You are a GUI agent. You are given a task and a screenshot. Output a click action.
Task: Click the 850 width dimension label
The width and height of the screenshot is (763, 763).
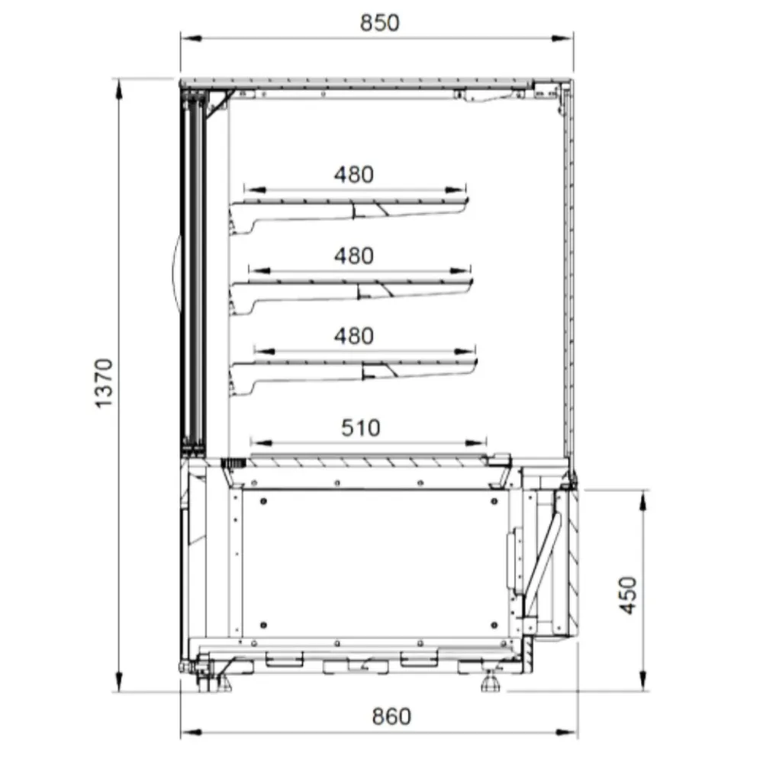point(379,23)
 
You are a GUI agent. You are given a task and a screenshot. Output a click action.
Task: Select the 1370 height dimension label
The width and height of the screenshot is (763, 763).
point(104,384)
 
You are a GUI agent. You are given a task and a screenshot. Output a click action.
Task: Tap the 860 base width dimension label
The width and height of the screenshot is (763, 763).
point(391,716)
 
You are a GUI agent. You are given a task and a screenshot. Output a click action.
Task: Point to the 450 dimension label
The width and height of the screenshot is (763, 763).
point(628,595)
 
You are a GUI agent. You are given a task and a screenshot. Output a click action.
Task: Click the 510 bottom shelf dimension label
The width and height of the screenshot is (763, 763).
point(361,428)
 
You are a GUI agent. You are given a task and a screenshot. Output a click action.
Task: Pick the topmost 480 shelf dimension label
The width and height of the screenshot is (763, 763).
point(354,175)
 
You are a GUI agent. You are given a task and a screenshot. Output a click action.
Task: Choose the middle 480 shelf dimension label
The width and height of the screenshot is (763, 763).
point(354,256)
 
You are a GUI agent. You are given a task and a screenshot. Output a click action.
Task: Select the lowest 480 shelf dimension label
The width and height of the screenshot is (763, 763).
point(354,336)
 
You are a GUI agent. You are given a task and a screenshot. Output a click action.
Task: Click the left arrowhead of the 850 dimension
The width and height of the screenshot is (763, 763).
point(191,38)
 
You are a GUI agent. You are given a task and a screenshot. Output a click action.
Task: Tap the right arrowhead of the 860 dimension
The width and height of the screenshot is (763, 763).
point(567,732)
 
